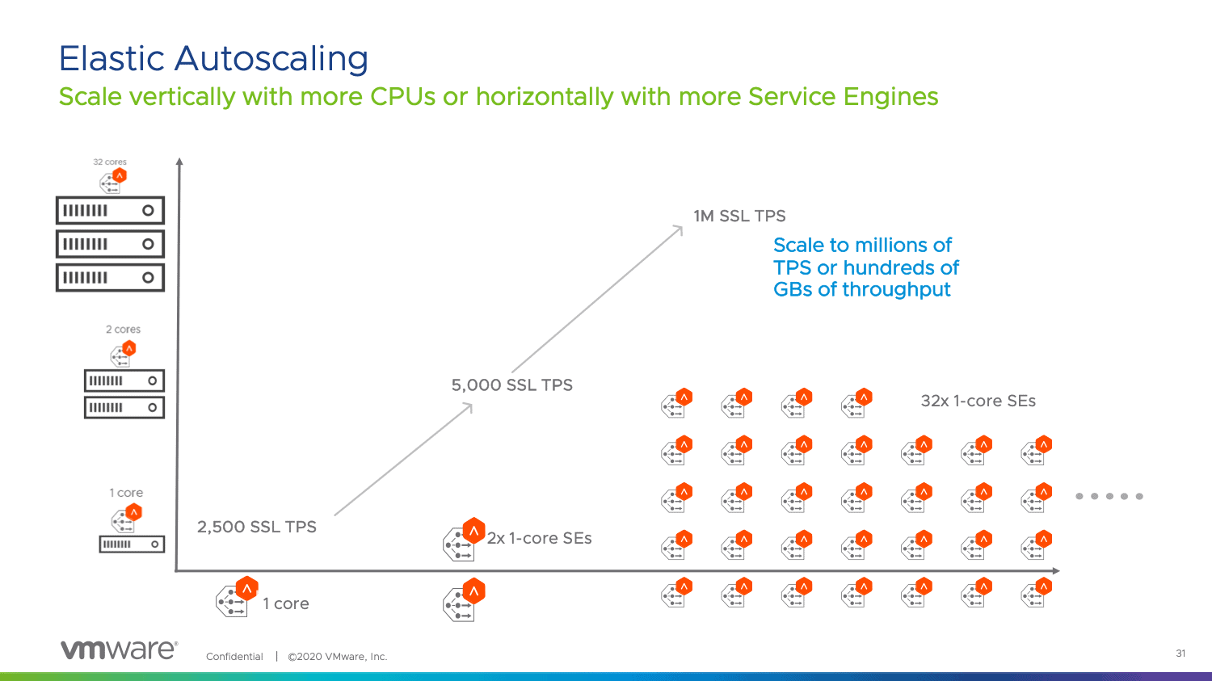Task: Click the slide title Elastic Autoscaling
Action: tap(213, 59)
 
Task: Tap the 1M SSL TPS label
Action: tap(739, 216)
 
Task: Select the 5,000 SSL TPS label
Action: tap(511, 385)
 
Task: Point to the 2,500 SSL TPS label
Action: tap(257, 527)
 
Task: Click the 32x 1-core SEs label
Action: tap(978, 401)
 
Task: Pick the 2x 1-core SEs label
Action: tap(539, 538)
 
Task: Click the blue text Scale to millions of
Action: tap(862, 245)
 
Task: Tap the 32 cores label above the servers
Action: tap(110, 162)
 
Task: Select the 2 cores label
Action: tap(123, 330)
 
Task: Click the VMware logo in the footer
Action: tap(119, 650)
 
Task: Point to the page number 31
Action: tap(1180, 654)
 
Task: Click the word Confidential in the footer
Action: tap(234, 657)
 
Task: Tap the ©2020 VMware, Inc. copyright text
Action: tap(338, 657)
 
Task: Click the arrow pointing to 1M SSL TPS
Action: tap(598, 299)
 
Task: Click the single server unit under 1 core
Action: tap(132, 544)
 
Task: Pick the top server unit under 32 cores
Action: tap(110, 211)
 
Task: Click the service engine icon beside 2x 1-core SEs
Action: tap(463, 540)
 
